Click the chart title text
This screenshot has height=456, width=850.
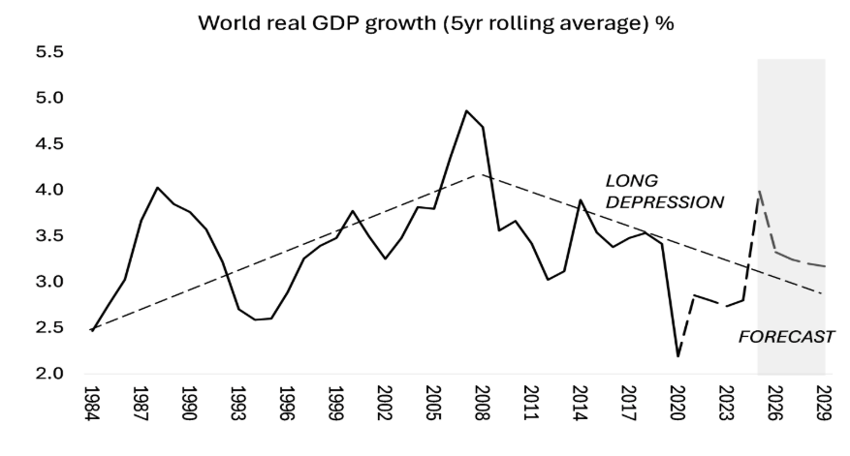(435, 23)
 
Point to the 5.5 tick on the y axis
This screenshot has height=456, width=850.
(49, 51)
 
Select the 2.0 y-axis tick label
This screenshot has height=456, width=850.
(49, 374)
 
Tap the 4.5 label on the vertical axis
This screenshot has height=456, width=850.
(49, 143)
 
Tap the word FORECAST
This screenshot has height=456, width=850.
(786, 338)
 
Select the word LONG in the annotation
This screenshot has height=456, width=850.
(630, 181)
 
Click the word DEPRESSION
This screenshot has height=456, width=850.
(664, 202)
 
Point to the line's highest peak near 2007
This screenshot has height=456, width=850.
(466, 110)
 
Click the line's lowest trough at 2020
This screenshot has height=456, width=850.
(677, 356)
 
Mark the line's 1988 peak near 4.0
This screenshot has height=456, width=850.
(157, 187)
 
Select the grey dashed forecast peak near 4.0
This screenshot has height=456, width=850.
(759, 191)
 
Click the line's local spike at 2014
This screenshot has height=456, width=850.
(581, 200)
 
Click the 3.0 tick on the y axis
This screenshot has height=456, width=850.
(49, 282)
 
